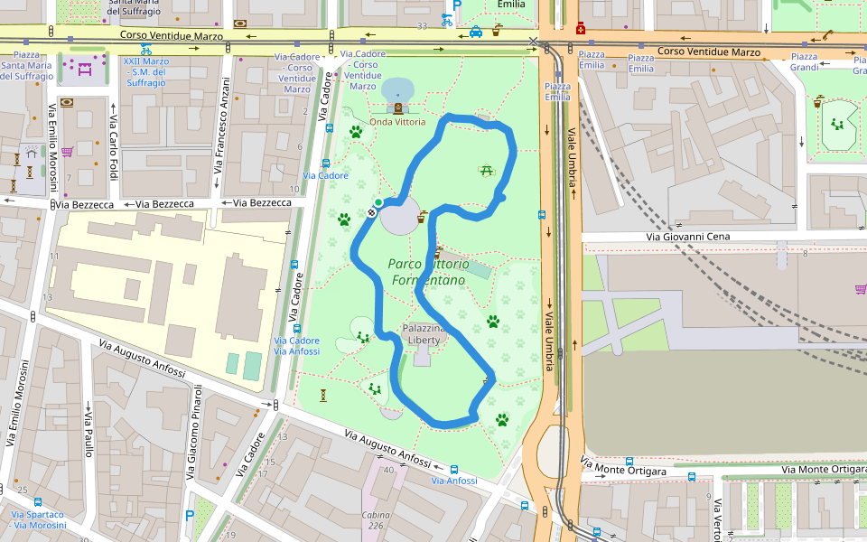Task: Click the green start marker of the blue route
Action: pos(378,202)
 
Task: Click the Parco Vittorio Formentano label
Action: pos(429,272)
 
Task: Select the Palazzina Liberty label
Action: pos(422,333)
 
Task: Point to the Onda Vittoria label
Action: pos(398,122)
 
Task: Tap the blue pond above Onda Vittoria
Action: pos(397,89)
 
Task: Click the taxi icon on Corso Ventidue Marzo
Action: pos(475,33)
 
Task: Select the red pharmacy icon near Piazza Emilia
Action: pos(579,28)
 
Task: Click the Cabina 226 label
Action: pos(376,520)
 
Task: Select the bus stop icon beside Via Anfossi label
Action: pos(453,470)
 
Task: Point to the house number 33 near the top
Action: pos(422,27)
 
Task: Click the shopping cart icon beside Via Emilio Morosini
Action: pos(67,152)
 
